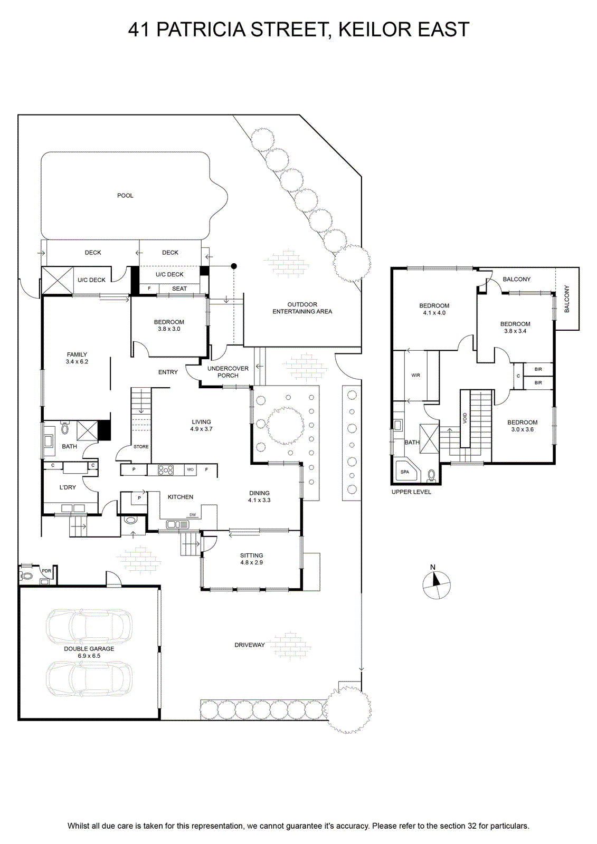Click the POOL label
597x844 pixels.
(125, 196)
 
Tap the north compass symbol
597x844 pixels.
(437, 584)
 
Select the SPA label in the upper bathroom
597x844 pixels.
(405, 472)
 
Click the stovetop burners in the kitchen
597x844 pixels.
(166, 470)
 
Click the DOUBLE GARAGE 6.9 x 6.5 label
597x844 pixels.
(89, 652)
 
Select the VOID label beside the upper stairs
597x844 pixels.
(465, 418)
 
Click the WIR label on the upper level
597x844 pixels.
(415, 375)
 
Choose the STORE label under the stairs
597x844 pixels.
(141, 446)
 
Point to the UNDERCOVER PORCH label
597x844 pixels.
(228, 372)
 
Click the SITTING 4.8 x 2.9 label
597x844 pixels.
(252, 559)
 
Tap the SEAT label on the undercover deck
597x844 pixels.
(179, 289)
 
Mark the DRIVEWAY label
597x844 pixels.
(250, 645)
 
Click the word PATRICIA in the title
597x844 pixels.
(201, 30)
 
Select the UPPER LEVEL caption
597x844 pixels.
(411, 492)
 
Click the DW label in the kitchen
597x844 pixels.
(193, 515)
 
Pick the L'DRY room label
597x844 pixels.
(68, 487)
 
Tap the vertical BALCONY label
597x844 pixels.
(567, 299)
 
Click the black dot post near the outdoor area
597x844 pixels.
(234, 266)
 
